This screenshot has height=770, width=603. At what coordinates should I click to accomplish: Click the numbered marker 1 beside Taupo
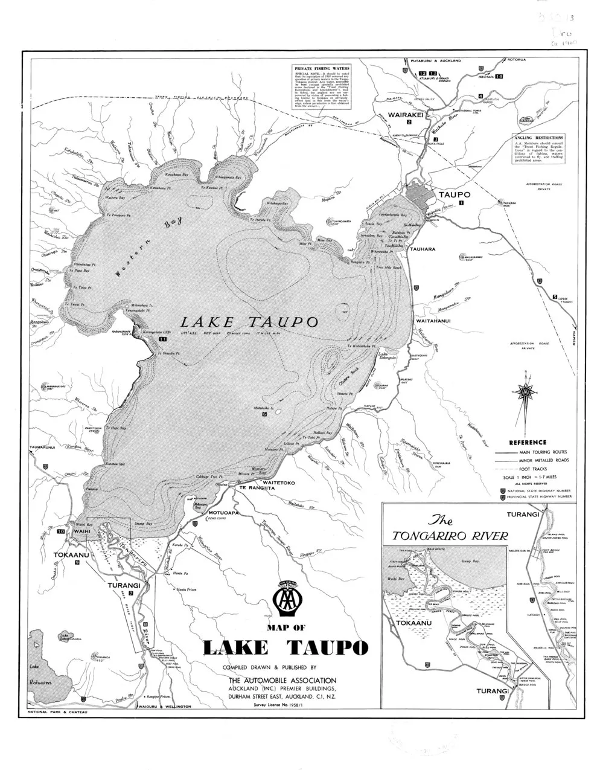click(x=461, y=204)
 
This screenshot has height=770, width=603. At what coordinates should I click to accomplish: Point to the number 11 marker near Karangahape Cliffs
click(x=162, y=340)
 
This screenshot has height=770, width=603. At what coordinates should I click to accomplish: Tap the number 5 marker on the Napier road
click(x=554, y=297)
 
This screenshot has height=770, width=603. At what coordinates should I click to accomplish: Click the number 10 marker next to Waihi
click(x=60, y=532)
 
